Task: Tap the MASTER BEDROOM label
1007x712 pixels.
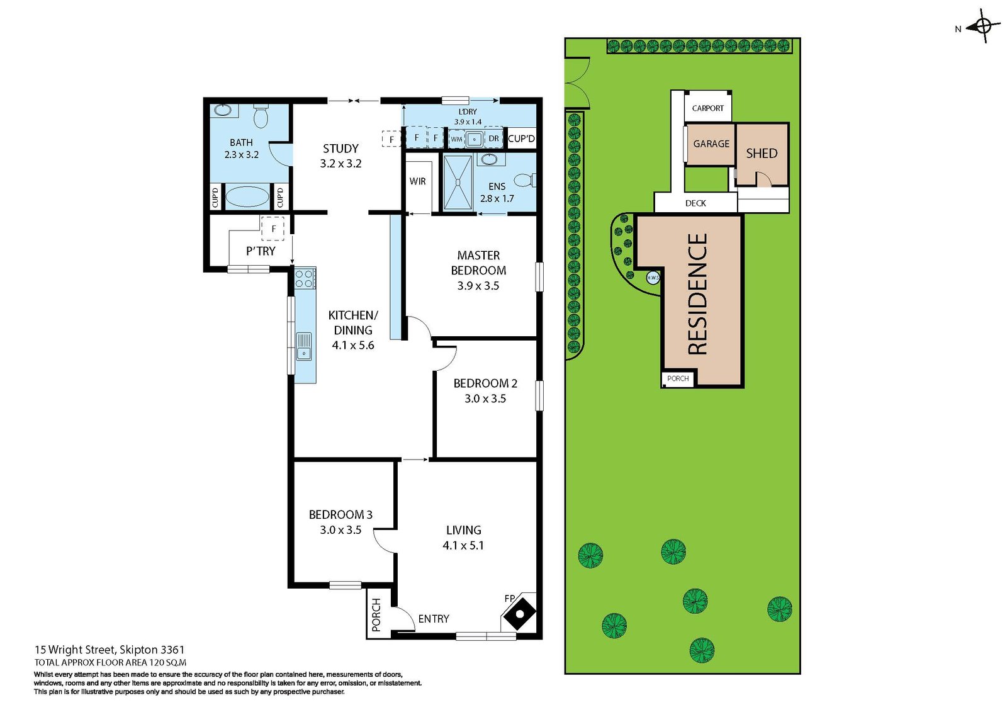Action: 478,263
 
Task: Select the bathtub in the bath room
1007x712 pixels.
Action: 247,197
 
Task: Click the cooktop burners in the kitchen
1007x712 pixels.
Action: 305,278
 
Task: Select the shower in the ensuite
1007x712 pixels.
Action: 458,183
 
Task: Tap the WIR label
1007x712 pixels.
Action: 417,181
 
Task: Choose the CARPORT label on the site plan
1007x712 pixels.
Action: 708,108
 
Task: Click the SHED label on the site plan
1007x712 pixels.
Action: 762,154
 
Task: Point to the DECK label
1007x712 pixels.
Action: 695,203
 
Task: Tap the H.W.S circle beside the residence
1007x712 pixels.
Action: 653,278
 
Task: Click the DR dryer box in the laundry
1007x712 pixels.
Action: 493,138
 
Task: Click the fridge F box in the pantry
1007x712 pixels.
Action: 273,229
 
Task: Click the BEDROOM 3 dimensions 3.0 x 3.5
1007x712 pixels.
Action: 340,530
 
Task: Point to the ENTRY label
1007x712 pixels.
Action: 434,619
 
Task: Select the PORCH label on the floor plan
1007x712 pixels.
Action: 376,615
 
